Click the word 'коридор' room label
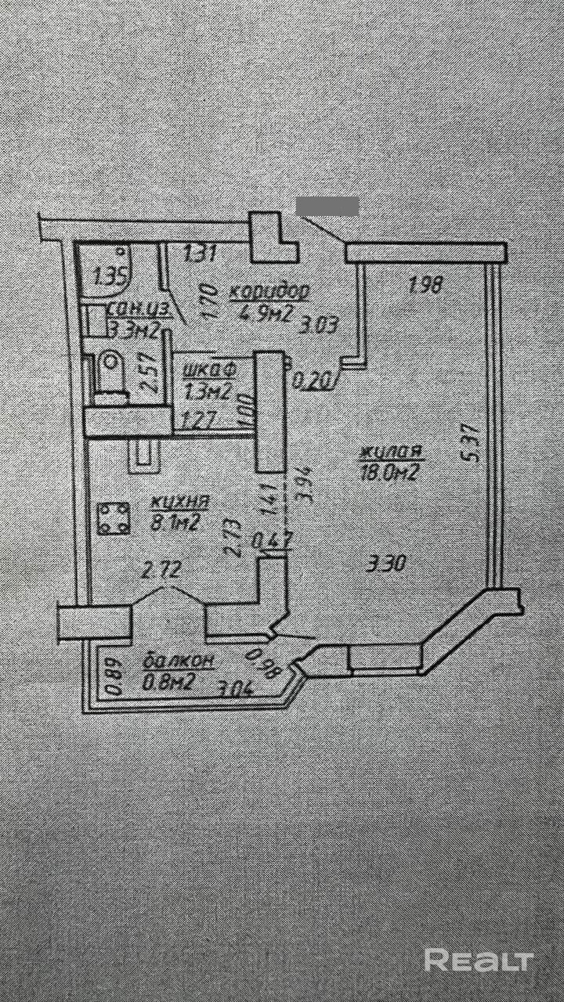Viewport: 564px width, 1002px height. tap(269, 291)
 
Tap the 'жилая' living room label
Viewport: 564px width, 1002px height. tap(392, 452)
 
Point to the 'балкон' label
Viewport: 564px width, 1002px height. tap(179, 661)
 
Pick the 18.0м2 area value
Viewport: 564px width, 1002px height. tap(388, 472)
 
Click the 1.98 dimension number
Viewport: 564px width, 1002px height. tap(427, 286)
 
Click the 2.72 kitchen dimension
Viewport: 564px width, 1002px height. tap(161, 571)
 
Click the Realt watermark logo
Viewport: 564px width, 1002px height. tap(479, 960)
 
